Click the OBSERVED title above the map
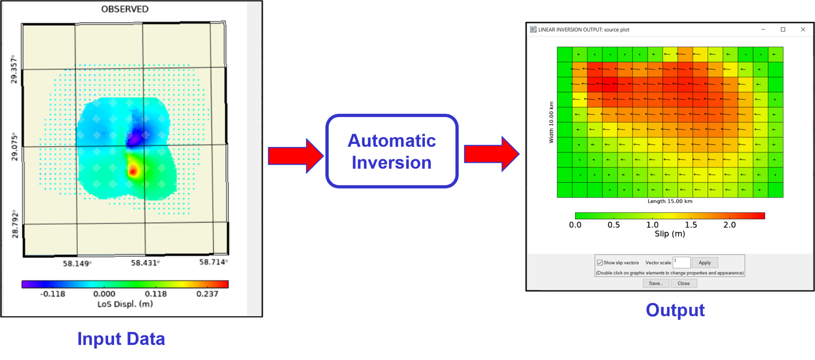coord(125,9)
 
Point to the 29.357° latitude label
coord(14,70)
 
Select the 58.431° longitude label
coord(145,263)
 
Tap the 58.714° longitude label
coord(213,262)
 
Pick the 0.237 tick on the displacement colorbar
coord(207,294)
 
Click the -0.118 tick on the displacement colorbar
coord(53,294)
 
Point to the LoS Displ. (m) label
coord(125,304)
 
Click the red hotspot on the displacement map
coord(133,171)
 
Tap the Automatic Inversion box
coord(392,151)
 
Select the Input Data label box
coord(121,339)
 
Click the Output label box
coord(675,310)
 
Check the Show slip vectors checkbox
coord(600,263)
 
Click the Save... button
coord(656,283)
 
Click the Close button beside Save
coord(684,283)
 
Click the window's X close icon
coord(803,29)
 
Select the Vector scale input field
coord(682,263)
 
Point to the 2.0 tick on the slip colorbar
coord(729,225)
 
